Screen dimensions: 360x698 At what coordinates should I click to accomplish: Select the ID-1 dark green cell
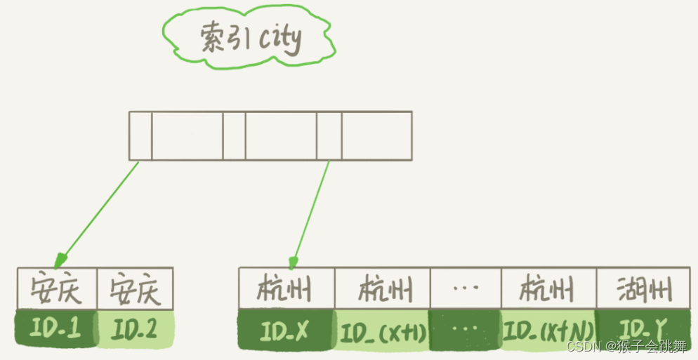coord(56,328)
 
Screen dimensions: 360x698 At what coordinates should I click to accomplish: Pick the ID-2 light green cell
coord(135,328)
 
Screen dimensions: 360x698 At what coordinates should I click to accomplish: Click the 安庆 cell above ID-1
coord(56,289)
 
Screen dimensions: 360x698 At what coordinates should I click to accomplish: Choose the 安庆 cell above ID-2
coord(135,289)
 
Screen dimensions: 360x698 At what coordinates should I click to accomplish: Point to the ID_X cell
coord(287,330)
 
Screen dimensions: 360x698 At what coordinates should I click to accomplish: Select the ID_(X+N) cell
coord(548,330)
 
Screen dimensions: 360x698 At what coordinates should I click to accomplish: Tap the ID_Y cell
coord(643,328)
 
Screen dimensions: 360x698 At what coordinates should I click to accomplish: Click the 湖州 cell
coord(643,288)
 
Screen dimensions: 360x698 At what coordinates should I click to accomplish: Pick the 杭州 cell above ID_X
coord(287,288)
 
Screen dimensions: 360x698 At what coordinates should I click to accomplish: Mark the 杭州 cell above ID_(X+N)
coord(548,288)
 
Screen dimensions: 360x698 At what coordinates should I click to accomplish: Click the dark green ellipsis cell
coord(465,330)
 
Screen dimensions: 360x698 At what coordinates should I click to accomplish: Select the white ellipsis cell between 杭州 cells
coord(465,288)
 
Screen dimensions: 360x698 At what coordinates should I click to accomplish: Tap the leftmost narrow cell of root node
coord(140,135)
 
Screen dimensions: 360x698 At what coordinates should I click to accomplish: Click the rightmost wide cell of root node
coord(376,135)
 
